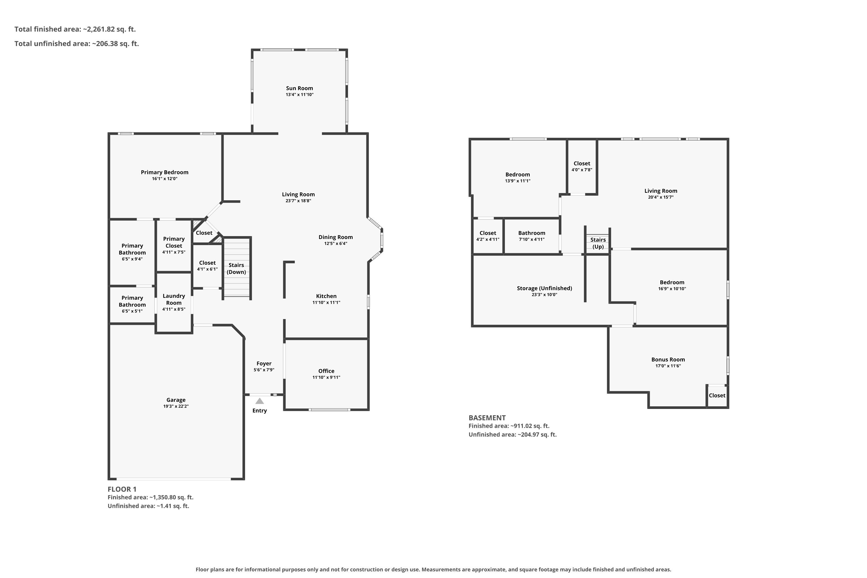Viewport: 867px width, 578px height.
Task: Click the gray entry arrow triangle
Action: pyautogui.click(x=260, y=401)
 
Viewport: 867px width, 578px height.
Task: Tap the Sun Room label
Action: pyautogui.click(x=299, y=88)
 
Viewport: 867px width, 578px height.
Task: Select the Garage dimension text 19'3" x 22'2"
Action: pyautogui.click(x=176, y=406)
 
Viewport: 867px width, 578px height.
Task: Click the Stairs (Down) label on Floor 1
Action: pyautogui.click(x=236, y=268)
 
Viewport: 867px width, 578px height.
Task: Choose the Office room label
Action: pyautogui.click(x=326, y=371)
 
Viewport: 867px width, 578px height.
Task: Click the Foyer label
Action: pyautogui.click(x=264, y=364)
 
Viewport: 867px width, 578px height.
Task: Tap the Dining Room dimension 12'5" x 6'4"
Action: pyautogui.click(x=336, y=243)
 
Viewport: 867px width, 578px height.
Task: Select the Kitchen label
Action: pyautogui.click(x=326, y=296)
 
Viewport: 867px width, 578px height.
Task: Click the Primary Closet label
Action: pyautogui.click(x=174, y=242)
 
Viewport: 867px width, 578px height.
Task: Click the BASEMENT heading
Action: pyautogui.click(x=487, y=418)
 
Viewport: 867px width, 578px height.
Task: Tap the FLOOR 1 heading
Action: pyautogui.click(x=122, y=489)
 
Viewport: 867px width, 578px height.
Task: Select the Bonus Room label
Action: pyautogui.click(x=668, y=360)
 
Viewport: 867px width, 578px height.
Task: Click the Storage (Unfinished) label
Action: pyautogui.click(x=544, y=288)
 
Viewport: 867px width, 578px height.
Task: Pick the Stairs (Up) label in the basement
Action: pyautogui.click(x=598, y=243)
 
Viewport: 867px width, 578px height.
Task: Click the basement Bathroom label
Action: pyautogui.click(x=531, y=233)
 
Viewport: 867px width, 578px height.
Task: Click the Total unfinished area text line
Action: pyautogui.click(x=77, y=44)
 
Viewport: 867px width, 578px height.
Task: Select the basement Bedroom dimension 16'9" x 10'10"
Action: pyautogui.click(x=672, y=289)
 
